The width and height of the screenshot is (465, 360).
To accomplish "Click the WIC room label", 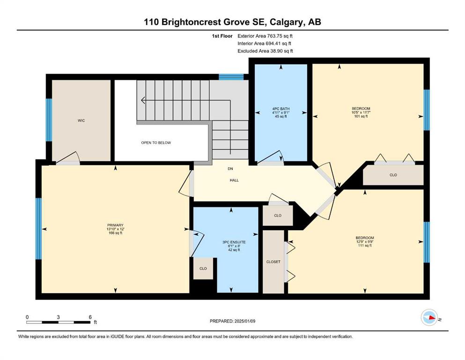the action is coord(81,120).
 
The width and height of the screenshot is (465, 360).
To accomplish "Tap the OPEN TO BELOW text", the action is coord(156,143).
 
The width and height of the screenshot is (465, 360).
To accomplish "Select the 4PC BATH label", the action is coord(281,109).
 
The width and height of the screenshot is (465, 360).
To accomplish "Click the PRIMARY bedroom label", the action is coord(115,225).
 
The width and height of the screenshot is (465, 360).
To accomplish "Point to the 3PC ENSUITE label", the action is coord(234,242).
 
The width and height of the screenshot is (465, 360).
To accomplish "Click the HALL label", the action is coord(234,180).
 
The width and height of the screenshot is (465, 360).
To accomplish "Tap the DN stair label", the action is coord(230,169).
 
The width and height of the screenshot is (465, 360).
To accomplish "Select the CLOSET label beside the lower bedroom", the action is coord(273,262).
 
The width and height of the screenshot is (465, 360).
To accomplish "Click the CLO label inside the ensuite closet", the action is coord(203,269).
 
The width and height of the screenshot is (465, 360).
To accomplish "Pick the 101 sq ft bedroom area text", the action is coord(361,116).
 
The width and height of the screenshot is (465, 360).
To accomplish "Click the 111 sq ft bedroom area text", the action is coord(365,246).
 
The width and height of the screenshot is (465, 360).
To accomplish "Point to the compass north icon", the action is coord(429,317).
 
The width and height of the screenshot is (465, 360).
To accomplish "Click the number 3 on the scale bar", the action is coord(58,317).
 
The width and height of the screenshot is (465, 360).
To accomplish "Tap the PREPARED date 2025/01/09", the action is coord(244,321).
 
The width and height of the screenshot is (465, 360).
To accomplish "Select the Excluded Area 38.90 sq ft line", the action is coord(265,51).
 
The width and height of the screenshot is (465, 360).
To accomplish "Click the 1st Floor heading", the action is coord(222,36).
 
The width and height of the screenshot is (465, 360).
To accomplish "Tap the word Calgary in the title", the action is coord(287,22).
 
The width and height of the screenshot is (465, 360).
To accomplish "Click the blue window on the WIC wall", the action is coord(49,120).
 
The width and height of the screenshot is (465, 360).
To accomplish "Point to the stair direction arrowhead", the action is coord(143,100).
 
